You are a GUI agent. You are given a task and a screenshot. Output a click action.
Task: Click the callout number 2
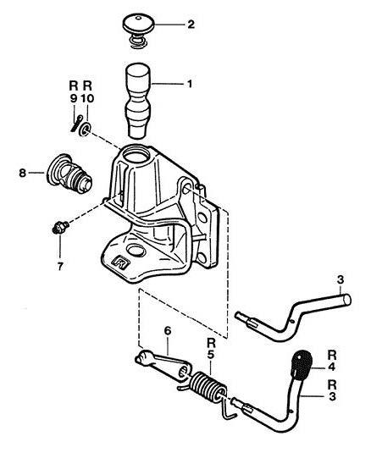tap(191, 25)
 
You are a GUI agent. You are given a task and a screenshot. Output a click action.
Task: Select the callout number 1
tap(190, 84)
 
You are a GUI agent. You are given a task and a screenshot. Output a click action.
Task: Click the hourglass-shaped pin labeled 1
tap(138, 100)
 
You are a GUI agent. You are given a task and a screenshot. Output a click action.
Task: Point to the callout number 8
tap(22, 174)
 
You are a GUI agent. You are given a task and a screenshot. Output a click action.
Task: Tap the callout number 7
tap(60, 267)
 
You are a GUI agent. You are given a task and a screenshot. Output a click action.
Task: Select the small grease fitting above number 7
tap(60, 228)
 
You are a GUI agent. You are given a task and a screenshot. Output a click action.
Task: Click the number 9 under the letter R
tap(74, 98)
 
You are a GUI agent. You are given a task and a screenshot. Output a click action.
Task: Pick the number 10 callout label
tap(87, 98)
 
